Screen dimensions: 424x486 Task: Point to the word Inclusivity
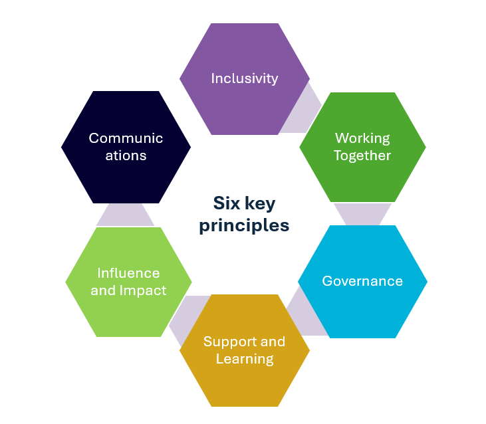pyautogui.click(x=244, y=78)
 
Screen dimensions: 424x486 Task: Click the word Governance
pyautogui.click(x=362, y=281)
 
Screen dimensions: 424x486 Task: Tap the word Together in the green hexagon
pyautogui.click(x=362, y=156)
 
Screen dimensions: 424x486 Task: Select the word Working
pyautogui.click(x=362, y=138)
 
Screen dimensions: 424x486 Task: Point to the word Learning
pyautogui.click(x=245, y=360)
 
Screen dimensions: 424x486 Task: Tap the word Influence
pyautogui.click(x=128, y=273)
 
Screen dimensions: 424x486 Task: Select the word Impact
pyautogui.click(x=142, y=290)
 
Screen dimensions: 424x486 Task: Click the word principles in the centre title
pyautogui.click(x=244, y=225)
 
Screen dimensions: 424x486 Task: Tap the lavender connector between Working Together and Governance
pyautogui.click(x=362, y=213)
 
